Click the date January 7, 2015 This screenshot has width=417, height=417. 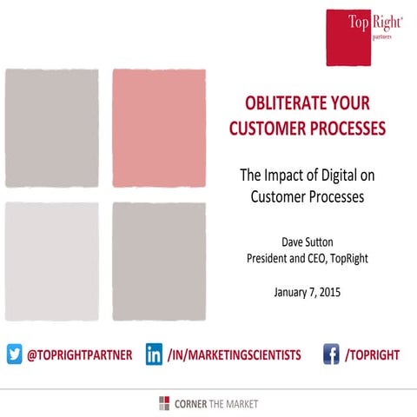point(301,291)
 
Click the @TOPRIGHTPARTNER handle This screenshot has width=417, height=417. point(79,354)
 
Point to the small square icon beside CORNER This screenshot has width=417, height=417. point(164,403)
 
